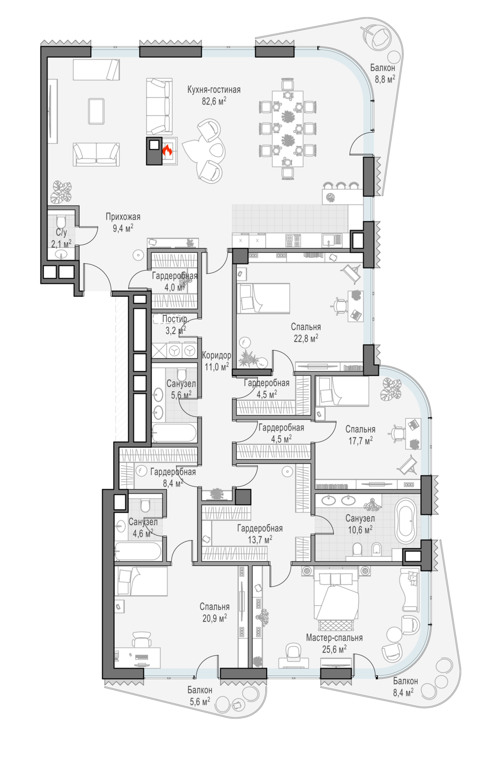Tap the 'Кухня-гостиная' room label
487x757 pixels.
(214, 89)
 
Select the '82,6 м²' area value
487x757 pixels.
(214, 101)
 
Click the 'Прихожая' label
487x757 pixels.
(123, 217)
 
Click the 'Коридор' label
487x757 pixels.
(216, 355)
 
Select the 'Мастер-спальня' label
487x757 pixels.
(334, 638)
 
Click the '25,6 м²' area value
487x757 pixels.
(334, 649)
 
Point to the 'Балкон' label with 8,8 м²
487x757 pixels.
(382, 68)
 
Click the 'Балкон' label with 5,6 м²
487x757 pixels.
(200, 690)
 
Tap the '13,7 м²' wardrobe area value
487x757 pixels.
(260, 539)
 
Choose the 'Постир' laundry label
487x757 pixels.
(174, 319)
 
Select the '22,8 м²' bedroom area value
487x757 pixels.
(306, 338)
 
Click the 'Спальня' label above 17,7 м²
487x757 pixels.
(360, 429)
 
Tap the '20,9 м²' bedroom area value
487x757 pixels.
(214, 618)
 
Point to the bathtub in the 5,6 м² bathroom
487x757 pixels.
(174, 433)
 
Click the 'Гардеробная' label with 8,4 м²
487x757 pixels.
(173, 472)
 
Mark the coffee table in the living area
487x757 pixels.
(96, 111)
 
